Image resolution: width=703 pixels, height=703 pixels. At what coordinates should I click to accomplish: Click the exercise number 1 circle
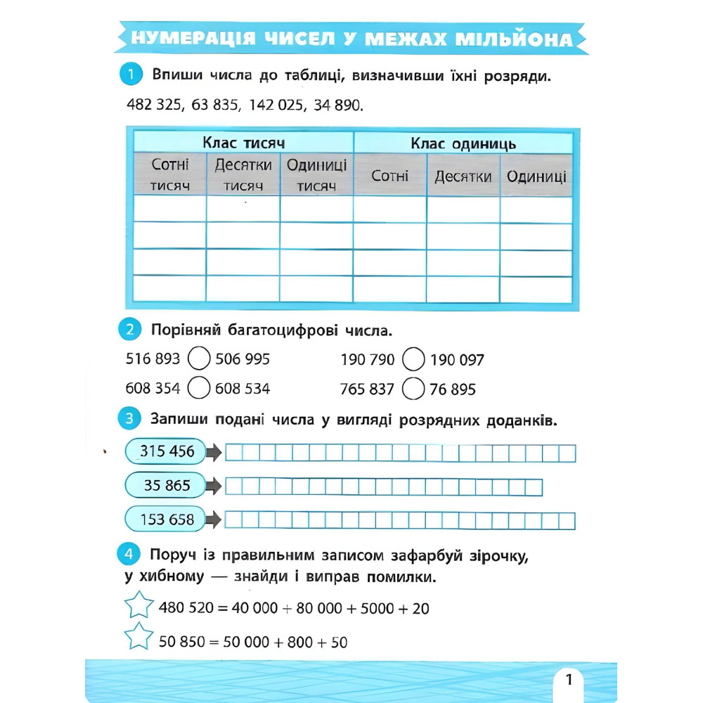pos(131,74)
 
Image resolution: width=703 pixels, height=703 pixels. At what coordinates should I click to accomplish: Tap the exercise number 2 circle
pos(131,329)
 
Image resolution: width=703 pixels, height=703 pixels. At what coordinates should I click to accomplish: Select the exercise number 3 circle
pos(131,420)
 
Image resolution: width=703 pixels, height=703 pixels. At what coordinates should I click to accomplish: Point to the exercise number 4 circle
pos(131,556)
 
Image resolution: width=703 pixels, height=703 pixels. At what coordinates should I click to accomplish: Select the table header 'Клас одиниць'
pos(463,143)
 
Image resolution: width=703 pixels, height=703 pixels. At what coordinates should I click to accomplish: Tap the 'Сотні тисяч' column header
pos(169,175)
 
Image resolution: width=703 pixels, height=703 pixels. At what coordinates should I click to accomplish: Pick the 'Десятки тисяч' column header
pos(243,175)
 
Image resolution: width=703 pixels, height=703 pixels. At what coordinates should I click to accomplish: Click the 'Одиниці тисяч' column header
pos(316,175)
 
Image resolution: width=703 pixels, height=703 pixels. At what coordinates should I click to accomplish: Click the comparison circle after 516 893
pos(200,360)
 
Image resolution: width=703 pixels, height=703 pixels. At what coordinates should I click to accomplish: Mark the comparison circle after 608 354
pos(200,388)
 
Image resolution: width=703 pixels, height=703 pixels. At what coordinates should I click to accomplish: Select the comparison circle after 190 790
pos(414,361)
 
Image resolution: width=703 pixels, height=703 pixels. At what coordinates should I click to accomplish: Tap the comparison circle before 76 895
pos(414,388)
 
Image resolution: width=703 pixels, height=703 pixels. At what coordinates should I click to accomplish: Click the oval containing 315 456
pos(167,451)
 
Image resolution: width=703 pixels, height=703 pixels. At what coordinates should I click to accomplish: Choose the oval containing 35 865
pos(167,485)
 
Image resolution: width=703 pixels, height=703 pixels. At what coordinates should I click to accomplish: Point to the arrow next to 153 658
pos(214,520)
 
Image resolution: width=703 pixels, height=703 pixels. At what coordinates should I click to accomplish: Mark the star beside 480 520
pos(138,605)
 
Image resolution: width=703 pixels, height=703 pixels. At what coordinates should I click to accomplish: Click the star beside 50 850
pos(138,638)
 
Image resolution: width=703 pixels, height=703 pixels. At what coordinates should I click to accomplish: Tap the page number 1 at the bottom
pos(569,680)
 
